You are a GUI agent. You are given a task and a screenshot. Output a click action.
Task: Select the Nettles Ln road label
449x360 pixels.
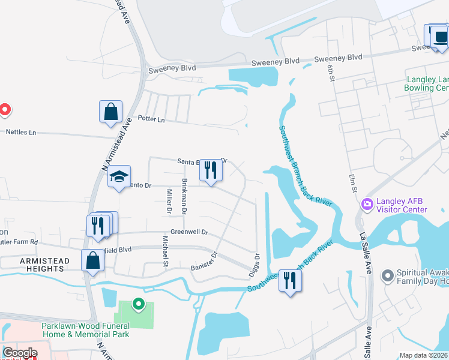[21, 131]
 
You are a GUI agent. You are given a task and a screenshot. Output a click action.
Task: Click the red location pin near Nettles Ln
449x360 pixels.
[5, 110]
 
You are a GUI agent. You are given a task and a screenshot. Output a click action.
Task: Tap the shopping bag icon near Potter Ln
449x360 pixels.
[111, 112]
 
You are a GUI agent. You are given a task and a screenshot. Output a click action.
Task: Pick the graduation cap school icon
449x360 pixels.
[119, 176]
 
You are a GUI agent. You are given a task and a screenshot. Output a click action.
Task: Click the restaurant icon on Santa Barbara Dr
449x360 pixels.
[211, 170]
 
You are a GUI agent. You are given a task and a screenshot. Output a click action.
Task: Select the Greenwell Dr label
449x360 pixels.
[188, 232]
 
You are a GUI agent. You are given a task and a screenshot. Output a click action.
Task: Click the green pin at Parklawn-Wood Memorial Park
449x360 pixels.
[138, 305]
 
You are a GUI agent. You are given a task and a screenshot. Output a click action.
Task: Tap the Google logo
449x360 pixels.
[20, 353]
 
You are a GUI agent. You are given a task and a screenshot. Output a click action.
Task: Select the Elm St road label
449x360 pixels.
[354, 184]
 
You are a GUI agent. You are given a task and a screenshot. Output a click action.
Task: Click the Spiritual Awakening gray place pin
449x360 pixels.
[388, 275]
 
